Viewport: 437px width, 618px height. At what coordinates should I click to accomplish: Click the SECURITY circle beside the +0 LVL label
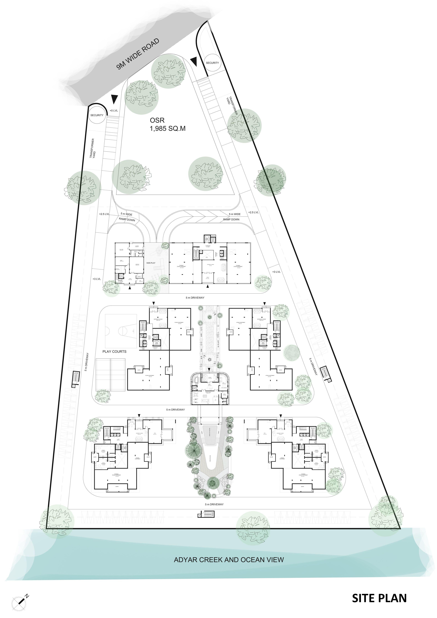(97, 115)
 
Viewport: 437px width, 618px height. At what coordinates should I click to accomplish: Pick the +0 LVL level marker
(114, 111)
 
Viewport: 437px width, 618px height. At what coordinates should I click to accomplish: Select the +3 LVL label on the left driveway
(96, 279)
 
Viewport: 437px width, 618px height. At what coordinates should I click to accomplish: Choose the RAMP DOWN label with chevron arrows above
(231, 219)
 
